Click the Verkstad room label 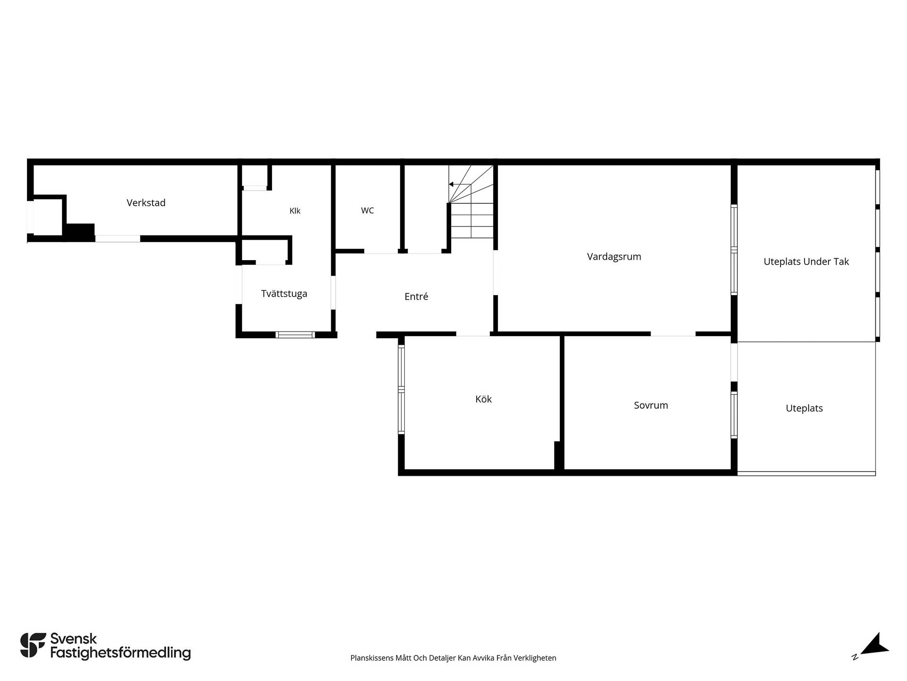[x=146, y=203]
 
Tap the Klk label [x=295, y=211]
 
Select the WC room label [x=368, y=210]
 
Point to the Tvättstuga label [x=284, y=294]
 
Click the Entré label [x=416, y=297]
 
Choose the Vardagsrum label [x=614, y=257]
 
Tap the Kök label [x=483, y=399]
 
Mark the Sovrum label [x=651, y=405]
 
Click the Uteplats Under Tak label [x=806, y=262]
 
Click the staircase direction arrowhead [x=451, y=184]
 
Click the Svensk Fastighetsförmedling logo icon [x=34, y=645]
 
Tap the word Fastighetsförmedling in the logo [x=120, y=653]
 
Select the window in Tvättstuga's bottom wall [x=295, y=335]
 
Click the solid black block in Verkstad [x=79, y=232]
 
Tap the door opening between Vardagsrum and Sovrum [x=673, y=334]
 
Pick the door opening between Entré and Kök [x=473, y=334]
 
